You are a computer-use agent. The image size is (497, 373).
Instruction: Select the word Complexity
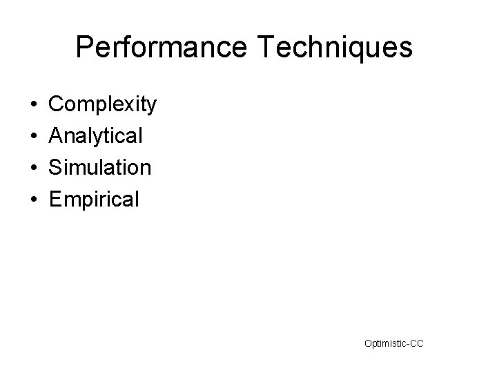point(104,105)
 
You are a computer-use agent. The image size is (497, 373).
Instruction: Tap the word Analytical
point(97,136)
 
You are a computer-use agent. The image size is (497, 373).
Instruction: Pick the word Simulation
point(101,168)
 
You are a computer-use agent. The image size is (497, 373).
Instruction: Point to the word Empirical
point(95,200)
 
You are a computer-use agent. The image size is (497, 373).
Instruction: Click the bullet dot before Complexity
point(34,106)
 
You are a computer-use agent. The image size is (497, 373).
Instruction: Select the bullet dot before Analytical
point(34,137)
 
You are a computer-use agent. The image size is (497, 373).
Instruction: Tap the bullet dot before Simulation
point(34,169)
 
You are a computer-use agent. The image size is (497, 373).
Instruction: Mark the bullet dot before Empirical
point(34,200)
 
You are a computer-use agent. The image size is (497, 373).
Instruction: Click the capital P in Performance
point(85,48)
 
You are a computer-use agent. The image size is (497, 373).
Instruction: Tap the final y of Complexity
point(152,108)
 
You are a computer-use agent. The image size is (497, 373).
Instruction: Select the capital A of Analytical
point(57,136)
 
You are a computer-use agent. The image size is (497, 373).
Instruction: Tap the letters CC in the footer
point(417,343)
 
